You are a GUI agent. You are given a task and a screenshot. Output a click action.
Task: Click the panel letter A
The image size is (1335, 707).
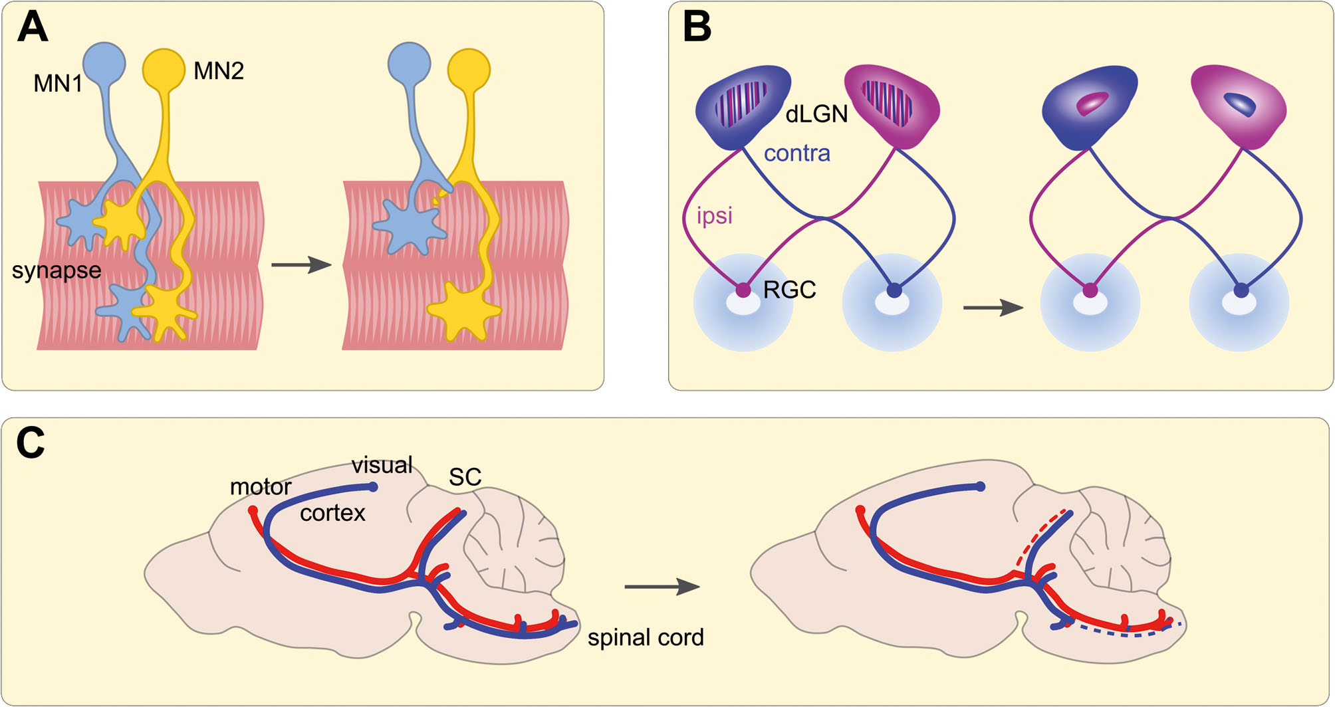click(33, 28)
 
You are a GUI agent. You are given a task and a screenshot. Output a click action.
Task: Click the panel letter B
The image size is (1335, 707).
click(697, 28)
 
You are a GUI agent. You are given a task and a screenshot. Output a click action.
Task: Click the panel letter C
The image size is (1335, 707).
click(31, 443)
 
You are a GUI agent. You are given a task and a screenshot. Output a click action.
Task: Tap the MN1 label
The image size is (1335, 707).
click(58, 84)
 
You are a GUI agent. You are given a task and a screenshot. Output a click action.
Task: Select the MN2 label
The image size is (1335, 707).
click(219, 71)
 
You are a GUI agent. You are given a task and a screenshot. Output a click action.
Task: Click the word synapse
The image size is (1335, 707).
click(57, 270)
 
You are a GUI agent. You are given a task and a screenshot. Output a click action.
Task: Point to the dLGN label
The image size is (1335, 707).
click(816, 114)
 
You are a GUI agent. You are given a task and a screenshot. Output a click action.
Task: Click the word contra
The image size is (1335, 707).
click(797, 153)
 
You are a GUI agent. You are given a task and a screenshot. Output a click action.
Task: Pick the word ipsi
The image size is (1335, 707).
click(715, 215)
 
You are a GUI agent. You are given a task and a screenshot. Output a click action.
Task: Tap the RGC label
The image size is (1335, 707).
click(790, 290)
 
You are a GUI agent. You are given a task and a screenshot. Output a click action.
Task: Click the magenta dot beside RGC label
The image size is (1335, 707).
click(743, 290)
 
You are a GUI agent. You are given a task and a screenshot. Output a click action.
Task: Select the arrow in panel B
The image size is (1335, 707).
click(993, 308)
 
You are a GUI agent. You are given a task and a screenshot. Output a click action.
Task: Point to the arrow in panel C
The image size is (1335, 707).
click(662, 587)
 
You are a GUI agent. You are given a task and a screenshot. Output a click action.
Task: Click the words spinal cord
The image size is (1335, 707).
click(646, 637)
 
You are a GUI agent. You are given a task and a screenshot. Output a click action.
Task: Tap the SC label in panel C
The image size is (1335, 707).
click(465, 476)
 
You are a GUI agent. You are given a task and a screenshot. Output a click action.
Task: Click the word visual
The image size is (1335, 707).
click(382, 464)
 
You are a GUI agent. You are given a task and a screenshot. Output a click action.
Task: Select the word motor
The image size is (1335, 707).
click(261, 487)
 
